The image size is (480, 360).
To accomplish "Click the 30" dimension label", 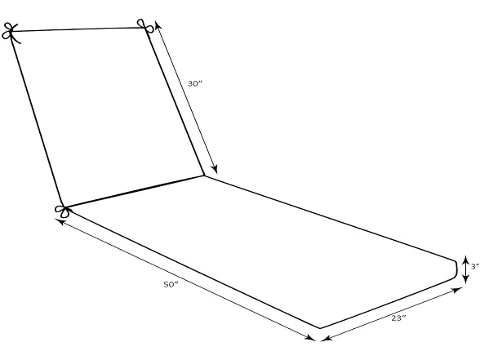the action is point(195,83).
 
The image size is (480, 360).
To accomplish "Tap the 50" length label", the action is point(171,284).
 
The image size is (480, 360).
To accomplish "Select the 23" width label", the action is point(398,318).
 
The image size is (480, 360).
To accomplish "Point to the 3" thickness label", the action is point(475,266).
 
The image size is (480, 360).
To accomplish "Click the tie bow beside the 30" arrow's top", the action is point(144,26).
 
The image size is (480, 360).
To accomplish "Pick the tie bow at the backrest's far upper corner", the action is point(11,33).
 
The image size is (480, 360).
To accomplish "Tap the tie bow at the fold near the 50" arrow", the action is point(63,211).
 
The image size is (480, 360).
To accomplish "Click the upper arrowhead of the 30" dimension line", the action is point(158,25).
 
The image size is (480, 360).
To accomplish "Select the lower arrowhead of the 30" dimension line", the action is point(215,169).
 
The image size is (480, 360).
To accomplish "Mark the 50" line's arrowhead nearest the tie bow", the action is point(60,221).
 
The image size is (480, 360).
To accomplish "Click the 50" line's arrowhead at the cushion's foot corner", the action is point(311,337).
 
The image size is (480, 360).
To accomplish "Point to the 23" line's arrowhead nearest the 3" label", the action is point(458,290).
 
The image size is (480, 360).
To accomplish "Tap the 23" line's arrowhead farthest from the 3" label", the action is point(327,338).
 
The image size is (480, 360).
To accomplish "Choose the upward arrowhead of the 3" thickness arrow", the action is point(465,260).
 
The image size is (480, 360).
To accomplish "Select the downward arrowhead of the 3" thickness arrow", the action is point(465,279).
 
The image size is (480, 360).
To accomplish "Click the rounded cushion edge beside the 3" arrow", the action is point(456,269).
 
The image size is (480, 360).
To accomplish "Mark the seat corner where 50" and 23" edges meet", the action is point(320,328).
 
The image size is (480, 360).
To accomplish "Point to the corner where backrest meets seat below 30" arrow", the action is point(204,176).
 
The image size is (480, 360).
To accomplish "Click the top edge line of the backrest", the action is point(77,29).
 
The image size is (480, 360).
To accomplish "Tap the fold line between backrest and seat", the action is point(133,191).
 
